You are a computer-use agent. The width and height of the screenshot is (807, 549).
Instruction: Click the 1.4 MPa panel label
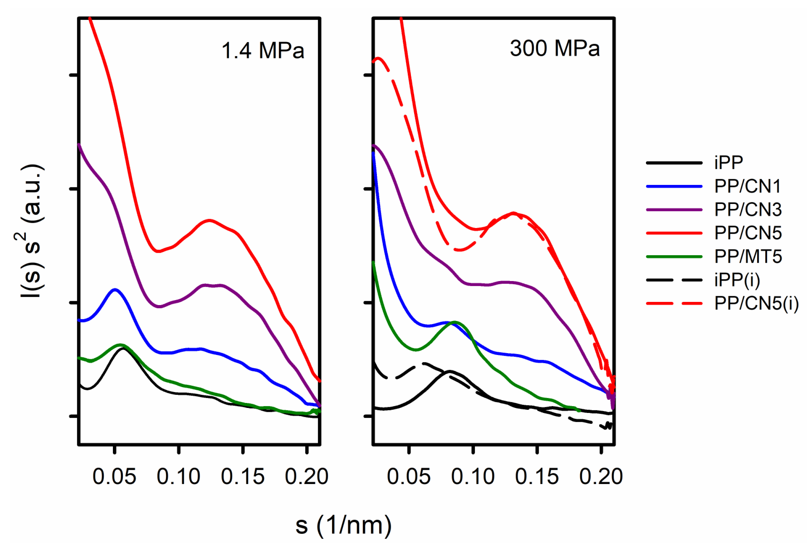(262, 50)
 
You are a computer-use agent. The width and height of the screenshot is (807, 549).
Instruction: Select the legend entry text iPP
(728, 162)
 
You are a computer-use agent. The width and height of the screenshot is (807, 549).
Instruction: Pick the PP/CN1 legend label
(747, 186)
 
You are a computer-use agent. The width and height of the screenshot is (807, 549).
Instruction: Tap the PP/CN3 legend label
(748, 209)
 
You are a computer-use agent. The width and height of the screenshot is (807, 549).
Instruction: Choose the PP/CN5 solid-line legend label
(748, 233)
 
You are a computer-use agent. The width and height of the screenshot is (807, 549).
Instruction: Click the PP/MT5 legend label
(748, 256)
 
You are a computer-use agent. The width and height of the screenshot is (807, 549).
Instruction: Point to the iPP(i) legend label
(737, 280)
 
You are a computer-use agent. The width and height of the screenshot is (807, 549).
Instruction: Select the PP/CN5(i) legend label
(756, 303)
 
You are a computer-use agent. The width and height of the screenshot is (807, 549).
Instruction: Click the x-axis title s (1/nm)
(343, 525)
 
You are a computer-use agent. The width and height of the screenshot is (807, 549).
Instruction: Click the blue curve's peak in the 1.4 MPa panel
(115, 290)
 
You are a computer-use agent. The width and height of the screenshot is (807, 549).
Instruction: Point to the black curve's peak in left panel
(123, 349)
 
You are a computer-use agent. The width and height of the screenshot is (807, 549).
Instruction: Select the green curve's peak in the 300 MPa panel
(454, 322)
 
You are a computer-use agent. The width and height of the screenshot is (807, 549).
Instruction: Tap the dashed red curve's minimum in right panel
(459, 250)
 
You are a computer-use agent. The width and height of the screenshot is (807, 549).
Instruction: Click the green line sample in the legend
(674, 257)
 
